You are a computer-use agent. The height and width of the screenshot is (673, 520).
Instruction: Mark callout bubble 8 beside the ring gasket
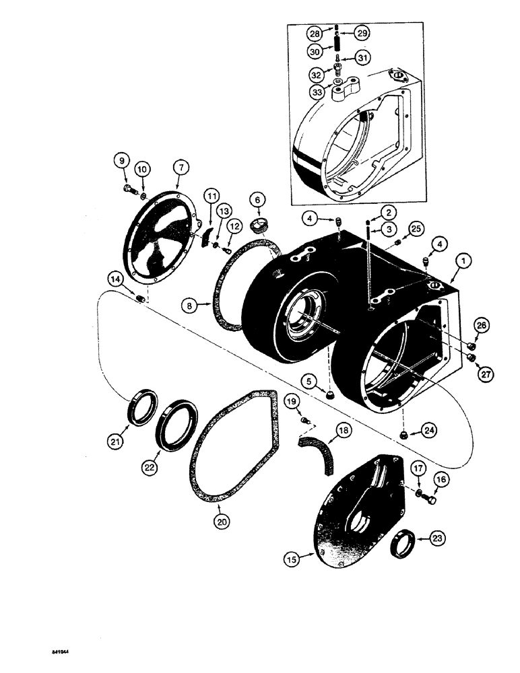(192, 305)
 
